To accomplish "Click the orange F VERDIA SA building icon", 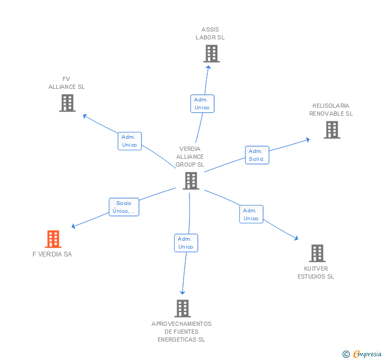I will (53, 239).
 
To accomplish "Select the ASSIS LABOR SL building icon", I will (211, 54).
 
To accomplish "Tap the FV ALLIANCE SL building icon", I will (67, 103).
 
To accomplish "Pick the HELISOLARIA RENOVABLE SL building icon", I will (331, 130).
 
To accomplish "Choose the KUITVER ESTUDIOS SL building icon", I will (316, 253).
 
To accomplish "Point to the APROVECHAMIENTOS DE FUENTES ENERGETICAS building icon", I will (182, 308).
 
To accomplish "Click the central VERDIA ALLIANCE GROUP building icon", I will (190, 181).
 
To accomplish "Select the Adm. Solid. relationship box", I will (257, 155).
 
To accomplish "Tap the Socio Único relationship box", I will (124, 207).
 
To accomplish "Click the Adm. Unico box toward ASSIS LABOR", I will (202, 104).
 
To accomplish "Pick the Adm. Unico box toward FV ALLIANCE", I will (129, 141).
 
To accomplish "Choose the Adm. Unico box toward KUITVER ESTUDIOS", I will (251, 214).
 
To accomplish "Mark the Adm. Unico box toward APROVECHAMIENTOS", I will (186, 243).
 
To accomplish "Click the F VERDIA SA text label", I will (52, 254).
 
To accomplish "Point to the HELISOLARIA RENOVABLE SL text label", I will (331, 109).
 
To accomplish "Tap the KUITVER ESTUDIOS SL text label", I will (316, 273).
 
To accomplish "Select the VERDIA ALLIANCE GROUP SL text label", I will (190, 157).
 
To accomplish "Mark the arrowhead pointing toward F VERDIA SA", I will (74, 227).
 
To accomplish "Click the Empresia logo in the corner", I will (362, 354).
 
